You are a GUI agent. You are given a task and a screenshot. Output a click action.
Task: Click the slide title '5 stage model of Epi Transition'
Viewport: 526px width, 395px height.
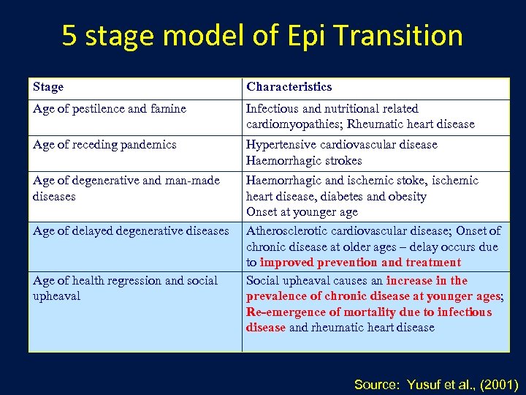pyautogui.click(x=262, y=35)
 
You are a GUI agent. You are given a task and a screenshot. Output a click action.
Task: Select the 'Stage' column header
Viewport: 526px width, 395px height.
pyautogui.click(x=48, y=87)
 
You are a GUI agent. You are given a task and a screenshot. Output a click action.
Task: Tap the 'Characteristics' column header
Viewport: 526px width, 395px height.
pyautogui.click(x=289, y=87)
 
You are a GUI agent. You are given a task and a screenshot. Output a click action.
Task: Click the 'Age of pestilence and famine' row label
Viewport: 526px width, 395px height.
pyautogui.click(x=110, y=109)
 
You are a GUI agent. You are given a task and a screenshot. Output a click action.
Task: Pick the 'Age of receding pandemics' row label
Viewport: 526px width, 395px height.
pyautogui.click(x=104, y=145)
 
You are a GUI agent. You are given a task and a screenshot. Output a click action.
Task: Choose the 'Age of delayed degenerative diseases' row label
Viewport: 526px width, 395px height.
pyautogui.click(x=131, y=231)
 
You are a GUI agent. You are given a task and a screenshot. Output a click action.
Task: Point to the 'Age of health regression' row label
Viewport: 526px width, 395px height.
pyautogui.click(x=125, y=281)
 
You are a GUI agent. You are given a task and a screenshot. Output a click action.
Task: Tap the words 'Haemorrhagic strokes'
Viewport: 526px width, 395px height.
pyautogui.click(x=304, y=161)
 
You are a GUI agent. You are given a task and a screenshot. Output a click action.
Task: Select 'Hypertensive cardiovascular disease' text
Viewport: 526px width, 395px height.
pyautogui.click(x=342, y=145)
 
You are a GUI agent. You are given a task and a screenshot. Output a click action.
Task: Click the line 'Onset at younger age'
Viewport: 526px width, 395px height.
pyautogui.click(x=302, y=212)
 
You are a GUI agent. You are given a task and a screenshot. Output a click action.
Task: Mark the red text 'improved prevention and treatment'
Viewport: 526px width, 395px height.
pyautogui.click(x=360, y=263)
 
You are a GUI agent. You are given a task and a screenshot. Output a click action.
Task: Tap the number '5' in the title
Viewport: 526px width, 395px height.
pyautogui.click(x=69, y=35)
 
